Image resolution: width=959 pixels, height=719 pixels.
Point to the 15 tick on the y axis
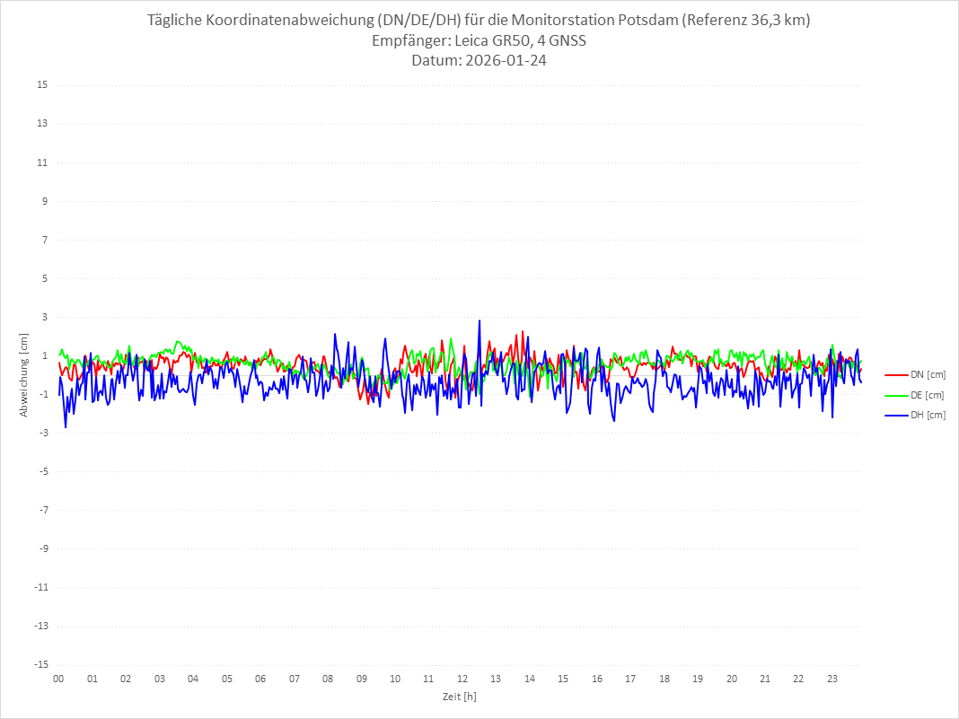(42, 85)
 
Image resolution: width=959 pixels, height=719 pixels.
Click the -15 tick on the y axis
(40, 664)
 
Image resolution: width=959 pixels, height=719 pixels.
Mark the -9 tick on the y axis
(42, 548)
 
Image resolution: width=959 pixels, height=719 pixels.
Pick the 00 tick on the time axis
(58, 679)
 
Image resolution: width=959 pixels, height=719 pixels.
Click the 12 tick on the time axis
(462, 679)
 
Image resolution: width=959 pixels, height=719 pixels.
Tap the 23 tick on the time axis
(832, 679)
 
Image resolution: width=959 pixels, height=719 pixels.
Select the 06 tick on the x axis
(260, 679)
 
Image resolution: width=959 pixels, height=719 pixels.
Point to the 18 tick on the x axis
(664, 679)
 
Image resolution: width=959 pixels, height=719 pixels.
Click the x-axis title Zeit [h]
(459, 696)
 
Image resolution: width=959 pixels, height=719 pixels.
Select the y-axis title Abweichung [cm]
(24, 374)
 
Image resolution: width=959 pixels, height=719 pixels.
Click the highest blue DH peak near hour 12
(479, 320)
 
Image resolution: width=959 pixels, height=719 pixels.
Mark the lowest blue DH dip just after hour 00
(66, 426)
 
